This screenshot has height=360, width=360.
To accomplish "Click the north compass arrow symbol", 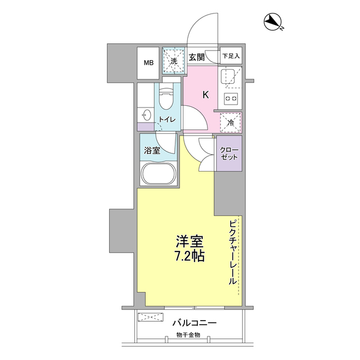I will tap(273, 22).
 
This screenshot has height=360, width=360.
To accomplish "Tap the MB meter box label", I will tap(149, 62).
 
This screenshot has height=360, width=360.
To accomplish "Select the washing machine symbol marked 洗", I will tap(174, 61).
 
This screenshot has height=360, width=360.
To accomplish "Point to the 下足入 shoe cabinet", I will tap(231, 56).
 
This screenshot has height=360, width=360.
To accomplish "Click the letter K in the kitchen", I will tap(205, 94).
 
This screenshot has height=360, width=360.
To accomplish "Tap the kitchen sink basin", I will tap(229, 77).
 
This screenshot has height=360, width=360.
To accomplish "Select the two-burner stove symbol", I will tap(231, 99).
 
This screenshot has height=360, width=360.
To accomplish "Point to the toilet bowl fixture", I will tap(167, 100).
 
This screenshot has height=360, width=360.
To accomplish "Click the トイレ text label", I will tap(166, 120).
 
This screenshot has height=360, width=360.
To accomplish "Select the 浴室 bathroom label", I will tap(152, 151).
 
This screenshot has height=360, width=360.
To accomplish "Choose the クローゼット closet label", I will tap(229, 153).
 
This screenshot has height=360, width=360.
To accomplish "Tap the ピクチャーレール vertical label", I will tap(232, 253).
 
